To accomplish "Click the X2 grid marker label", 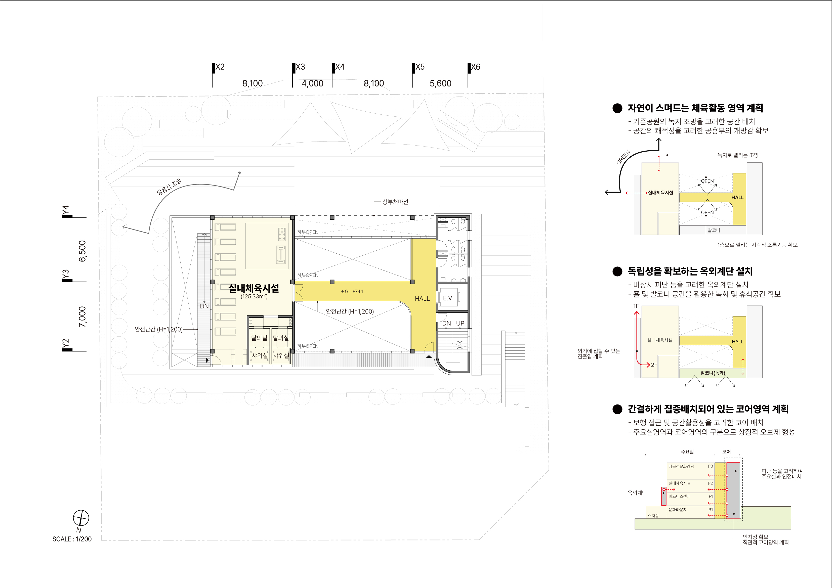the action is [x=220, y=67].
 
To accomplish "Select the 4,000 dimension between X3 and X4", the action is [x=312, y=83].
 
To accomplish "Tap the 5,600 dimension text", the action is [x=440, y=83].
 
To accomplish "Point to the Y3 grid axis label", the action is [x=65, y=275].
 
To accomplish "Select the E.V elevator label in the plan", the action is [x=447, y=298].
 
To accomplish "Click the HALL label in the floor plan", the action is [x=422, y=299].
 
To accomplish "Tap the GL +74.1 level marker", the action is [x=352, y=291].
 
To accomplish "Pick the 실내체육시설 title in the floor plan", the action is [x=254, y=288].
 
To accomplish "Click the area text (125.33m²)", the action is [x=254, y=296].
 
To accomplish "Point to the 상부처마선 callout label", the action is [x=395, y=202].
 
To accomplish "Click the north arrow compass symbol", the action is [x=81, y=518].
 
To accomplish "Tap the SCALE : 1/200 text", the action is [x=72, y=539].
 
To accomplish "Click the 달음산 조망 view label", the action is [x=169, y=187].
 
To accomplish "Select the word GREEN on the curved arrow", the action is [x=623, y=157].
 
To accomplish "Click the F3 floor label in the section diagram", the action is [x=710, y=466].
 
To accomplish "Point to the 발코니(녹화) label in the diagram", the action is [x=713, y=373].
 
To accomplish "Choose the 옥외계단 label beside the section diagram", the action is [x=637, y=493].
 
